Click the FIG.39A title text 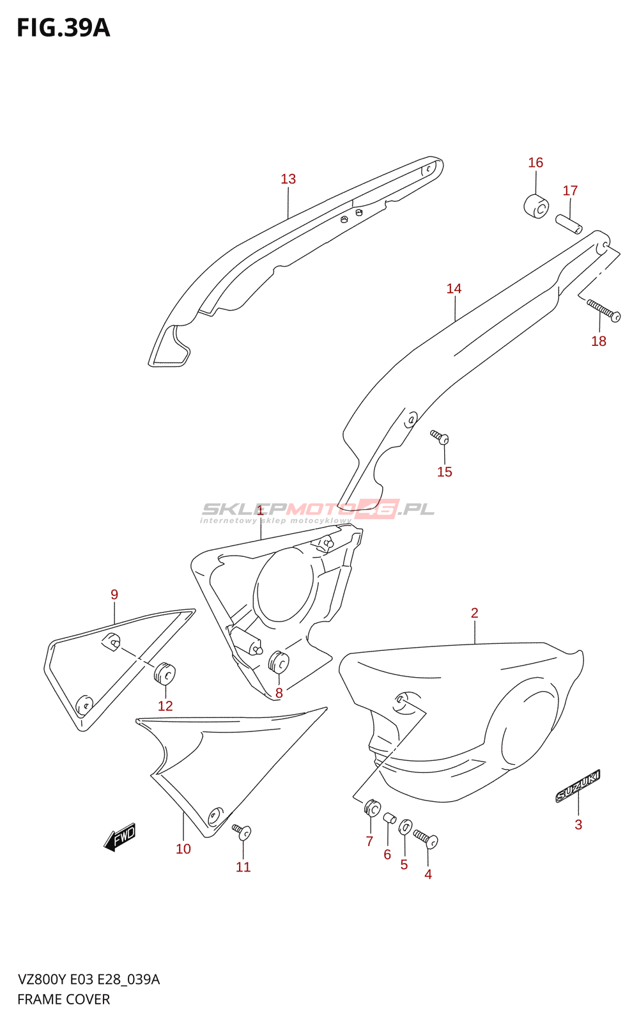[63, 28]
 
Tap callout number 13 [288, 179]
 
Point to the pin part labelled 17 [568, 224]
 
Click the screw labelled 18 [604, 310]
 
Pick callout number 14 [454, 289]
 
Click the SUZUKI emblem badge [578, 786]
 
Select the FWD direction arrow [120, 837]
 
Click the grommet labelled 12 [165, 673]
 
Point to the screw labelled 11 [242, 831]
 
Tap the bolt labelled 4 [426, 838]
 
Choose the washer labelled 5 [405, 827]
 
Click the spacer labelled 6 [389, 818]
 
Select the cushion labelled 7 [372, 808]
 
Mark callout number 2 [474, 613]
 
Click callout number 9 [114, 595]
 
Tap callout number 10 [183, 849]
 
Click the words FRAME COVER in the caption [63, 999]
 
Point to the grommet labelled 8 [279, 662]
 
